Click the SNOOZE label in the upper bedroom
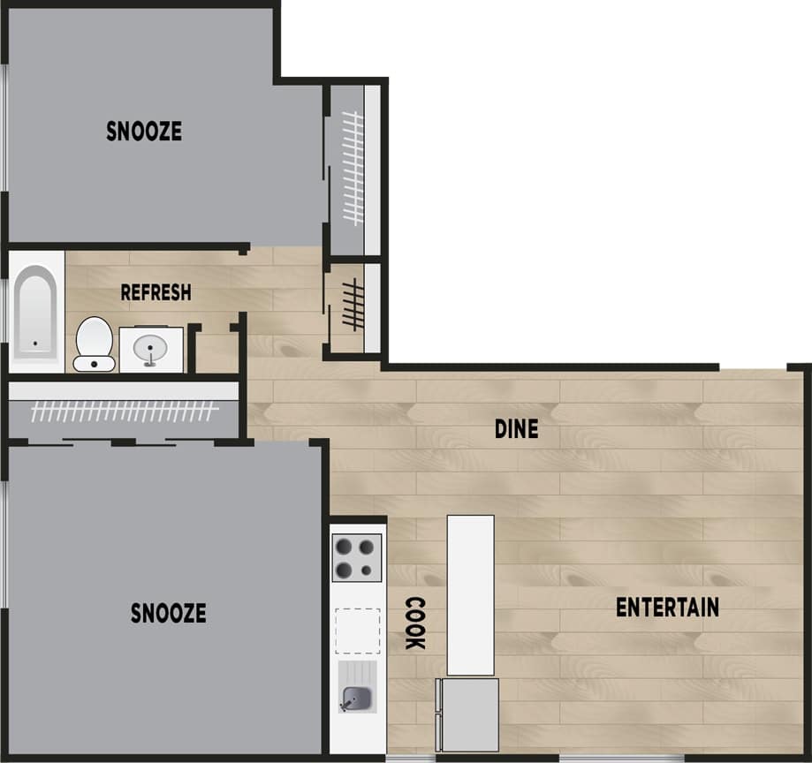point(144,132)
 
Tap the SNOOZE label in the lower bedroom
point(168,613)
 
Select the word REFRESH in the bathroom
point(156,292)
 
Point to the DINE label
point(516,429)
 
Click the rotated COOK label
point(414,623)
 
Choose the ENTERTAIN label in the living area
point(667,608)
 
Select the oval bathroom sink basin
point(151,348)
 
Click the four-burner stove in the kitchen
point(357,556)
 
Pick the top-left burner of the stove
point(345,545)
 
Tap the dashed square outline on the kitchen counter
point(358,628)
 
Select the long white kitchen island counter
point(470,594)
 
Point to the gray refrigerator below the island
point(469,714)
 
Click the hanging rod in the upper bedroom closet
point(354,167)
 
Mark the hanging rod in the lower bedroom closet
point(124,411)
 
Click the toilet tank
point(94,363)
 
